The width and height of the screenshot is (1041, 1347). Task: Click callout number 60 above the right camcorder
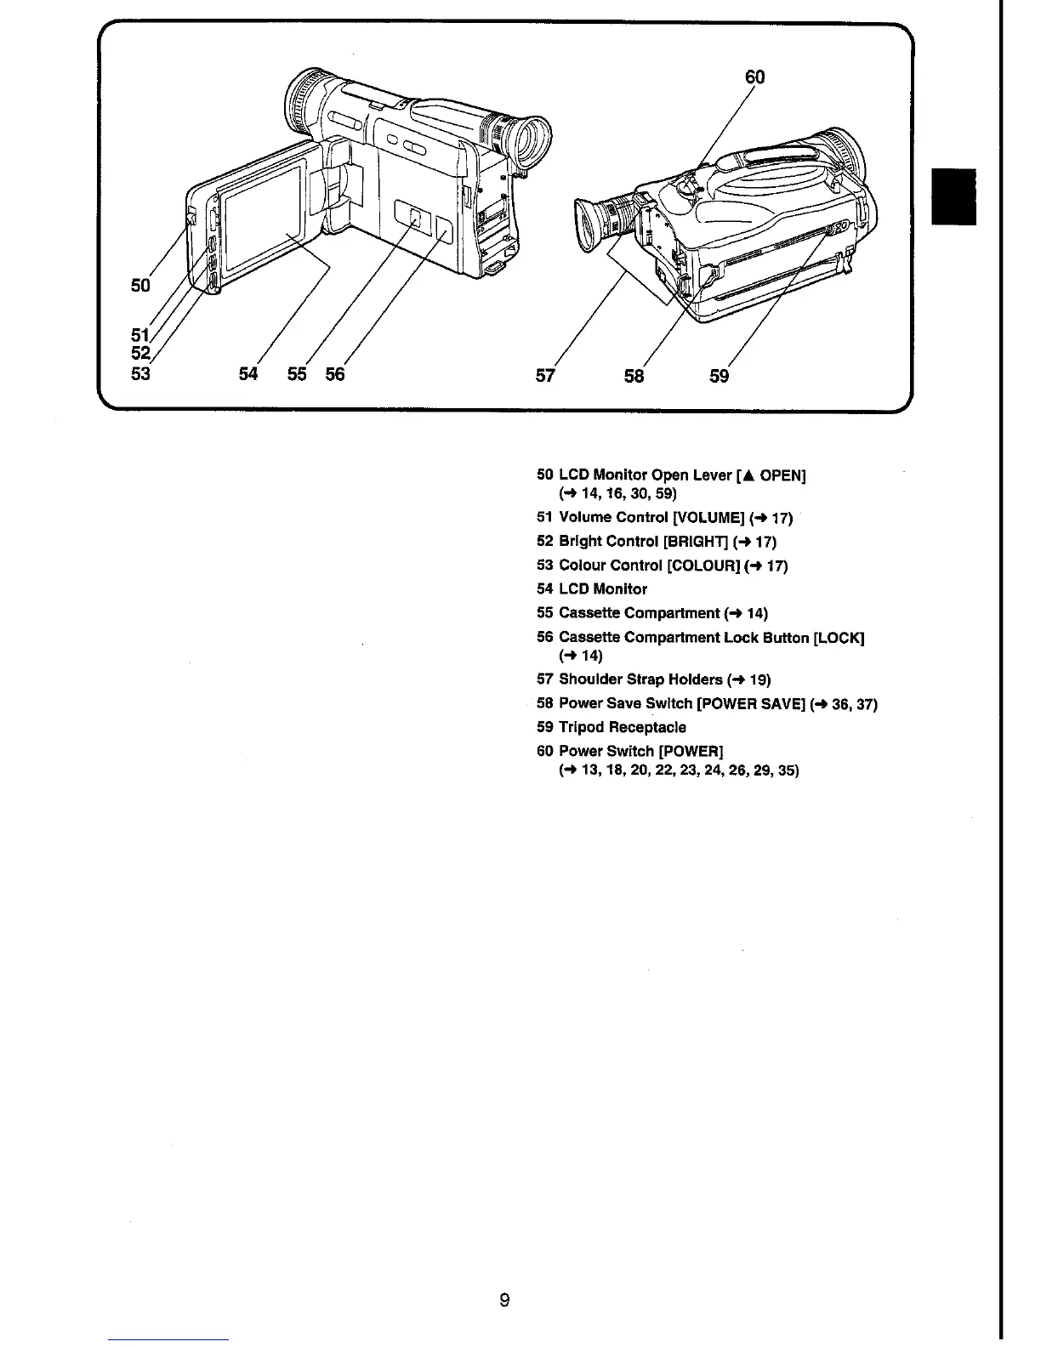754,77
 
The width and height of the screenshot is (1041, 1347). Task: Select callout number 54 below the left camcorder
247,373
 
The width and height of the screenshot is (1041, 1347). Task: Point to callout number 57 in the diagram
545,374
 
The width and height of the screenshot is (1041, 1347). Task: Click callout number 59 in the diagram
719,375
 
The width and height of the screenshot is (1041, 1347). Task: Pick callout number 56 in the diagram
335,373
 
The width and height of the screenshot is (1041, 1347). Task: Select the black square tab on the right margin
953,196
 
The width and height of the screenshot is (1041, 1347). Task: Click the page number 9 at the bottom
504,1300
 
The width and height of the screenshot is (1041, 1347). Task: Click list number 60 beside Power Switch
545,751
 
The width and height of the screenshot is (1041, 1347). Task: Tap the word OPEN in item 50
780,475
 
